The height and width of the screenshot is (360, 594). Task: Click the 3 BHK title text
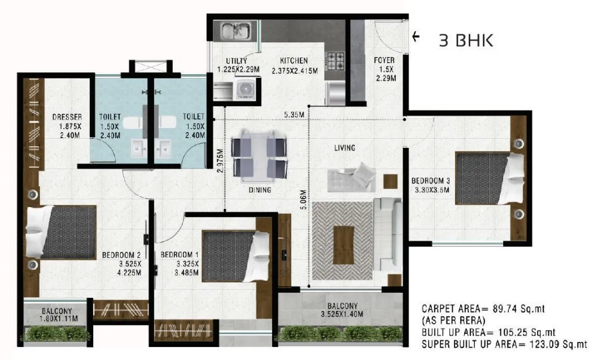(x=466, y=41)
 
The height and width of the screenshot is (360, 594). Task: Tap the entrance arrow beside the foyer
(x=416, y=37)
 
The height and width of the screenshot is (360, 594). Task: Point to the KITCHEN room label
(x=294, y=60)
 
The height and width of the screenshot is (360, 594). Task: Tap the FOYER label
(x=383, y=60)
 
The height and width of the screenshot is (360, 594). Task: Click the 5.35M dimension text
(x=294, y=115)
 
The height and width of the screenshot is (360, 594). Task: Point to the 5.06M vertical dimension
(x=304, y=199)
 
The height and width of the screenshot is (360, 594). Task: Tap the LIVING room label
(x=344, y=148)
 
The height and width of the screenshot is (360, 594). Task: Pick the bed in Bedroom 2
(x=62, y=232)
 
